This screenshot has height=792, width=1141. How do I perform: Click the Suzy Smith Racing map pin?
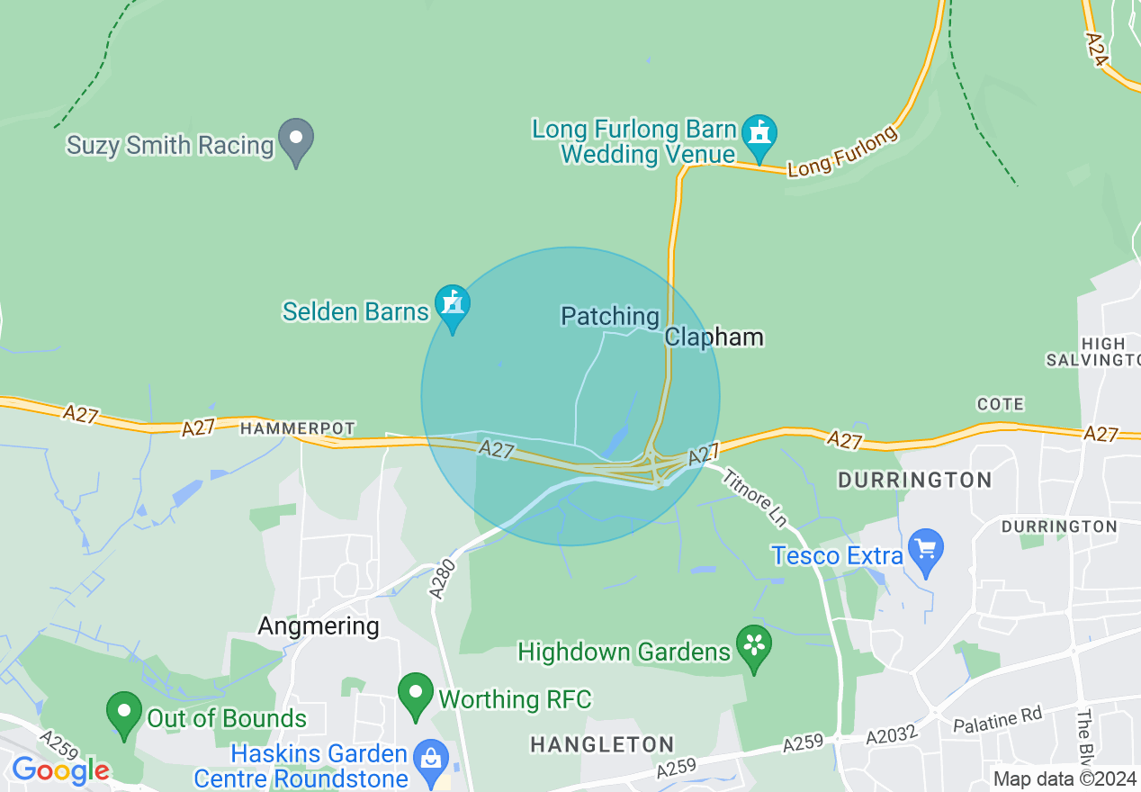pyautogui.click(x=295, y=140)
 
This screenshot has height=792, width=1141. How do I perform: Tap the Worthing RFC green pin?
pyautogui.click(x=416, y=694)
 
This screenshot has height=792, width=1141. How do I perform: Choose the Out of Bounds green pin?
pyautogui.click(x=124, y=712)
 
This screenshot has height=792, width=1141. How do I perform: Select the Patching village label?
pyautogui.click(x=610, y=316)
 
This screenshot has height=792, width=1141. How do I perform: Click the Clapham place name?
pyautogui.click(x=714, y=337)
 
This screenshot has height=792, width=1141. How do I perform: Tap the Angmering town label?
pyautogui.click(x=319, y=625)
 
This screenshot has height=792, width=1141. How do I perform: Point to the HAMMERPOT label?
pyautogui.click(x=298, y=429)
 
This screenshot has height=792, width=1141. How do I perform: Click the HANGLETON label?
pyautogui.click(x=601, y=744)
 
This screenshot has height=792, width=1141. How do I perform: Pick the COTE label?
pyautogui.click(x=1000, y=404)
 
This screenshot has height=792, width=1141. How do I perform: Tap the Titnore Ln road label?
pyautogui.click(x=755, y=498)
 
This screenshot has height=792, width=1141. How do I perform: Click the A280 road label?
pyautogui.click(x=442, y=578)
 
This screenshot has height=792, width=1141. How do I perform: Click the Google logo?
pyautogui.click(x=59, y=770)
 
